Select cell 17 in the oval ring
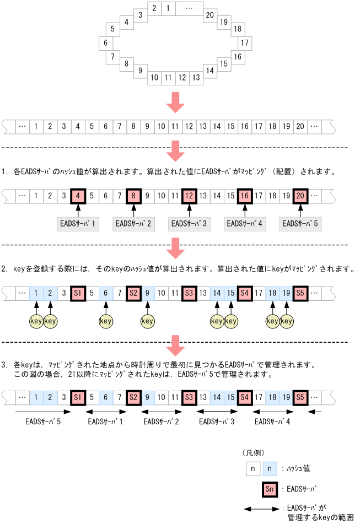click(244, 42)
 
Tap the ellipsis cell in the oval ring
click(189, 8)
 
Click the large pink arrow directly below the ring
click(176, 101)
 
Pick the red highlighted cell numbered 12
click(189, 195)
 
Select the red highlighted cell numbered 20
click(300, 195)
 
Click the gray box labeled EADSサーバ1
click(78, 224)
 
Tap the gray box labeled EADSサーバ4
click(245, 224)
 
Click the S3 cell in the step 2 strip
click(189, 292)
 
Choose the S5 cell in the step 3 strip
click(300, 397)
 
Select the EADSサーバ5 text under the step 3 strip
click(42, 422)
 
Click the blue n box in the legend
click(270, 468)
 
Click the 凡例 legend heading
click(254, 452)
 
